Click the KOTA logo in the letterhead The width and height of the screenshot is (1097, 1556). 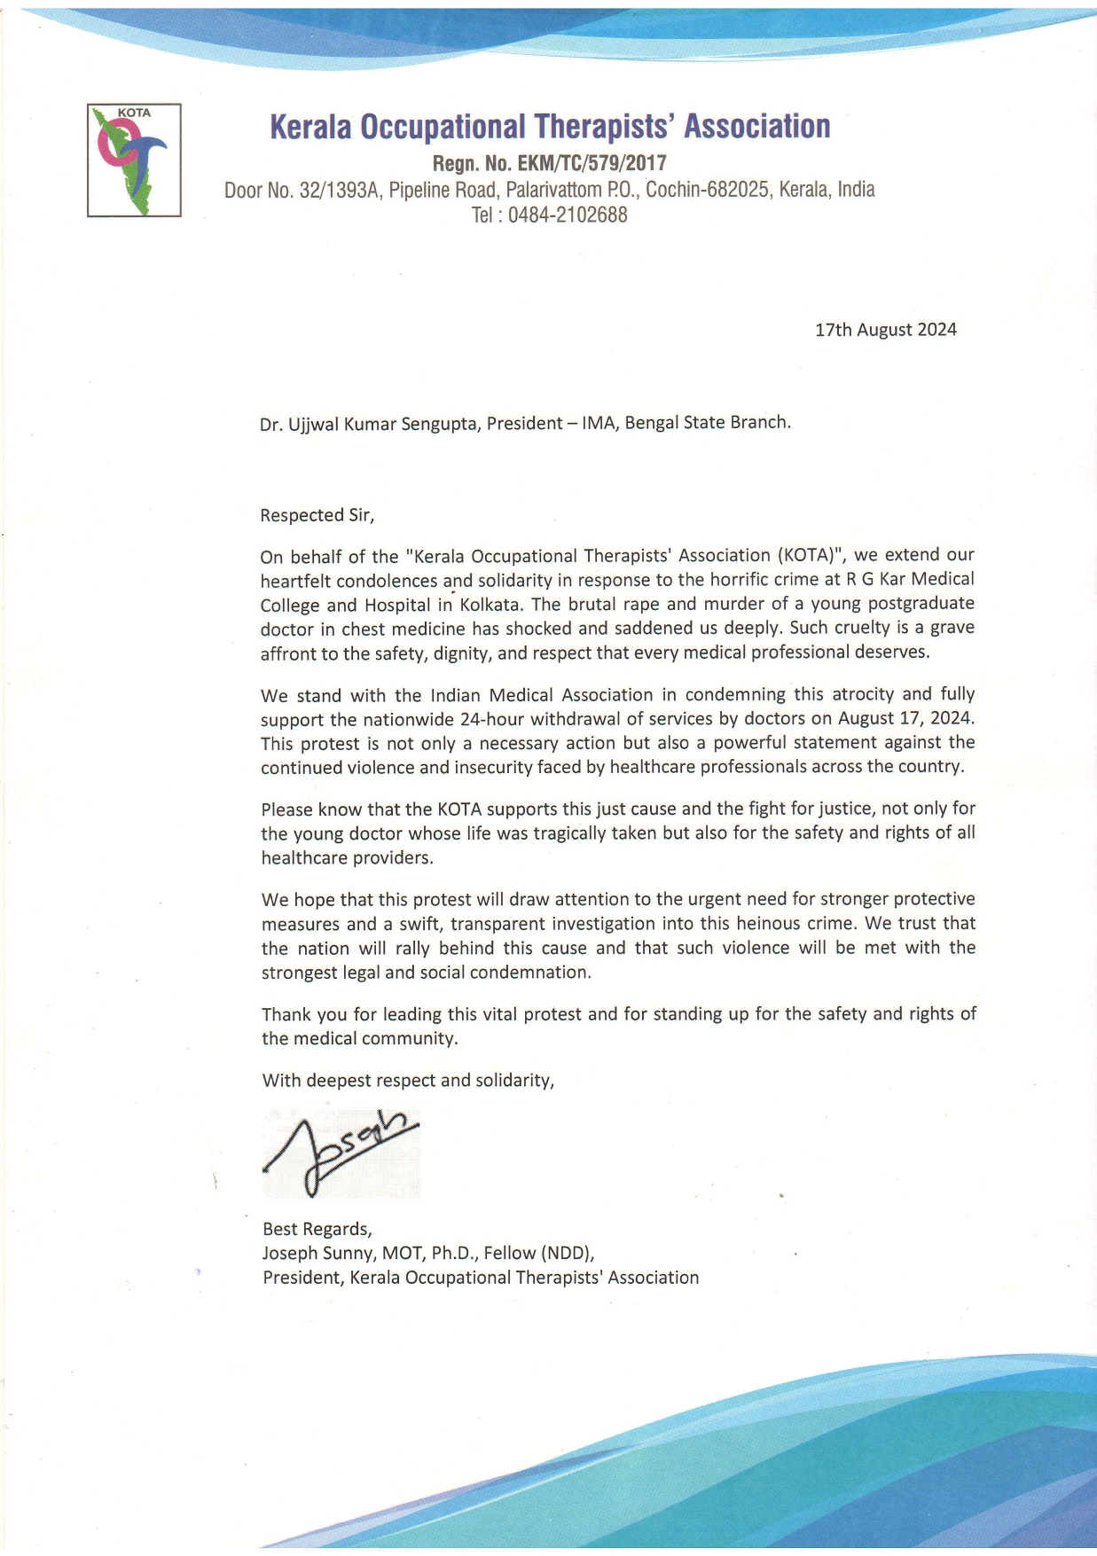[x=134, y=160]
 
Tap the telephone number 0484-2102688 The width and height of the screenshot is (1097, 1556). [x=568, y=215]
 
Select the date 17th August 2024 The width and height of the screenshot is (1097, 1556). [x=885, y=330]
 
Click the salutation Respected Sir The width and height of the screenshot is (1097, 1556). [x=317, y=515]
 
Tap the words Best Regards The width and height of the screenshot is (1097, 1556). [x=317, y=1229]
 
